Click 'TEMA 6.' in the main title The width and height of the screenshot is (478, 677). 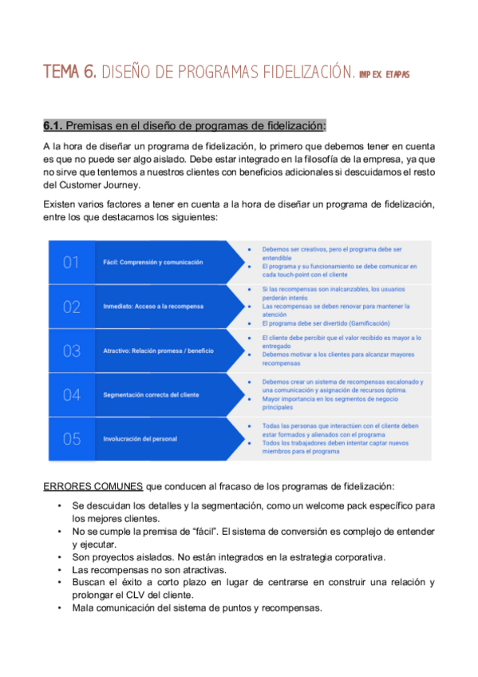70,73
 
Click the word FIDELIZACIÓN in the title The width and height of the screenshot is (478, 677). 304,73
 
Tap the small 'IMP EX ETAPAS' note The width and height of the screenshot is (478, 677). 384,75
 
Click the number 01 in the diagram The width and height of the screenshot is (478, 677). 72,262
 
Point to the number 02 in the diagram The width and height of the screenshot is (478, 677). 72,307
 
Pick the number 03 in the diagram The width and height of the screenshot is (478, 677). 72,350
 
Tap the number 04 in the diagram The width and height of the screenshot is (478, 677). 72,394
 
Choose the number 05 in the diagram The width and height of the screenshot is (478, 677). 72,438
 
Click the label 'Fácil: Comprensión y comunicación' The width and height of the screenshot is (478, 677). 153,262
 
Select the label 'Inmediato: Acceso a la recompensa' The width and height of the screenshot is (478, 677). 153,307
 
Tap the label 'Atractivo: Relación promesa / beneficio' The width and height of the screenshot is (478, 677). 160,350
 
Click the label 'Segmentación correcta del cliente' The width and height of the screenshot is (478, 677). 152,394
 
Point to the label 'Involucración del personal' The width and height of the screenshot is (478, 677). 140,438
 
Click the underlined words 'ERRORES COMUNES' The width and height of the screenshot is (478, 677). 93,486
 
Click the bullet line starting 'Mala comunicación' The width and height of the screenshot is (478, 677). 196,608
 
